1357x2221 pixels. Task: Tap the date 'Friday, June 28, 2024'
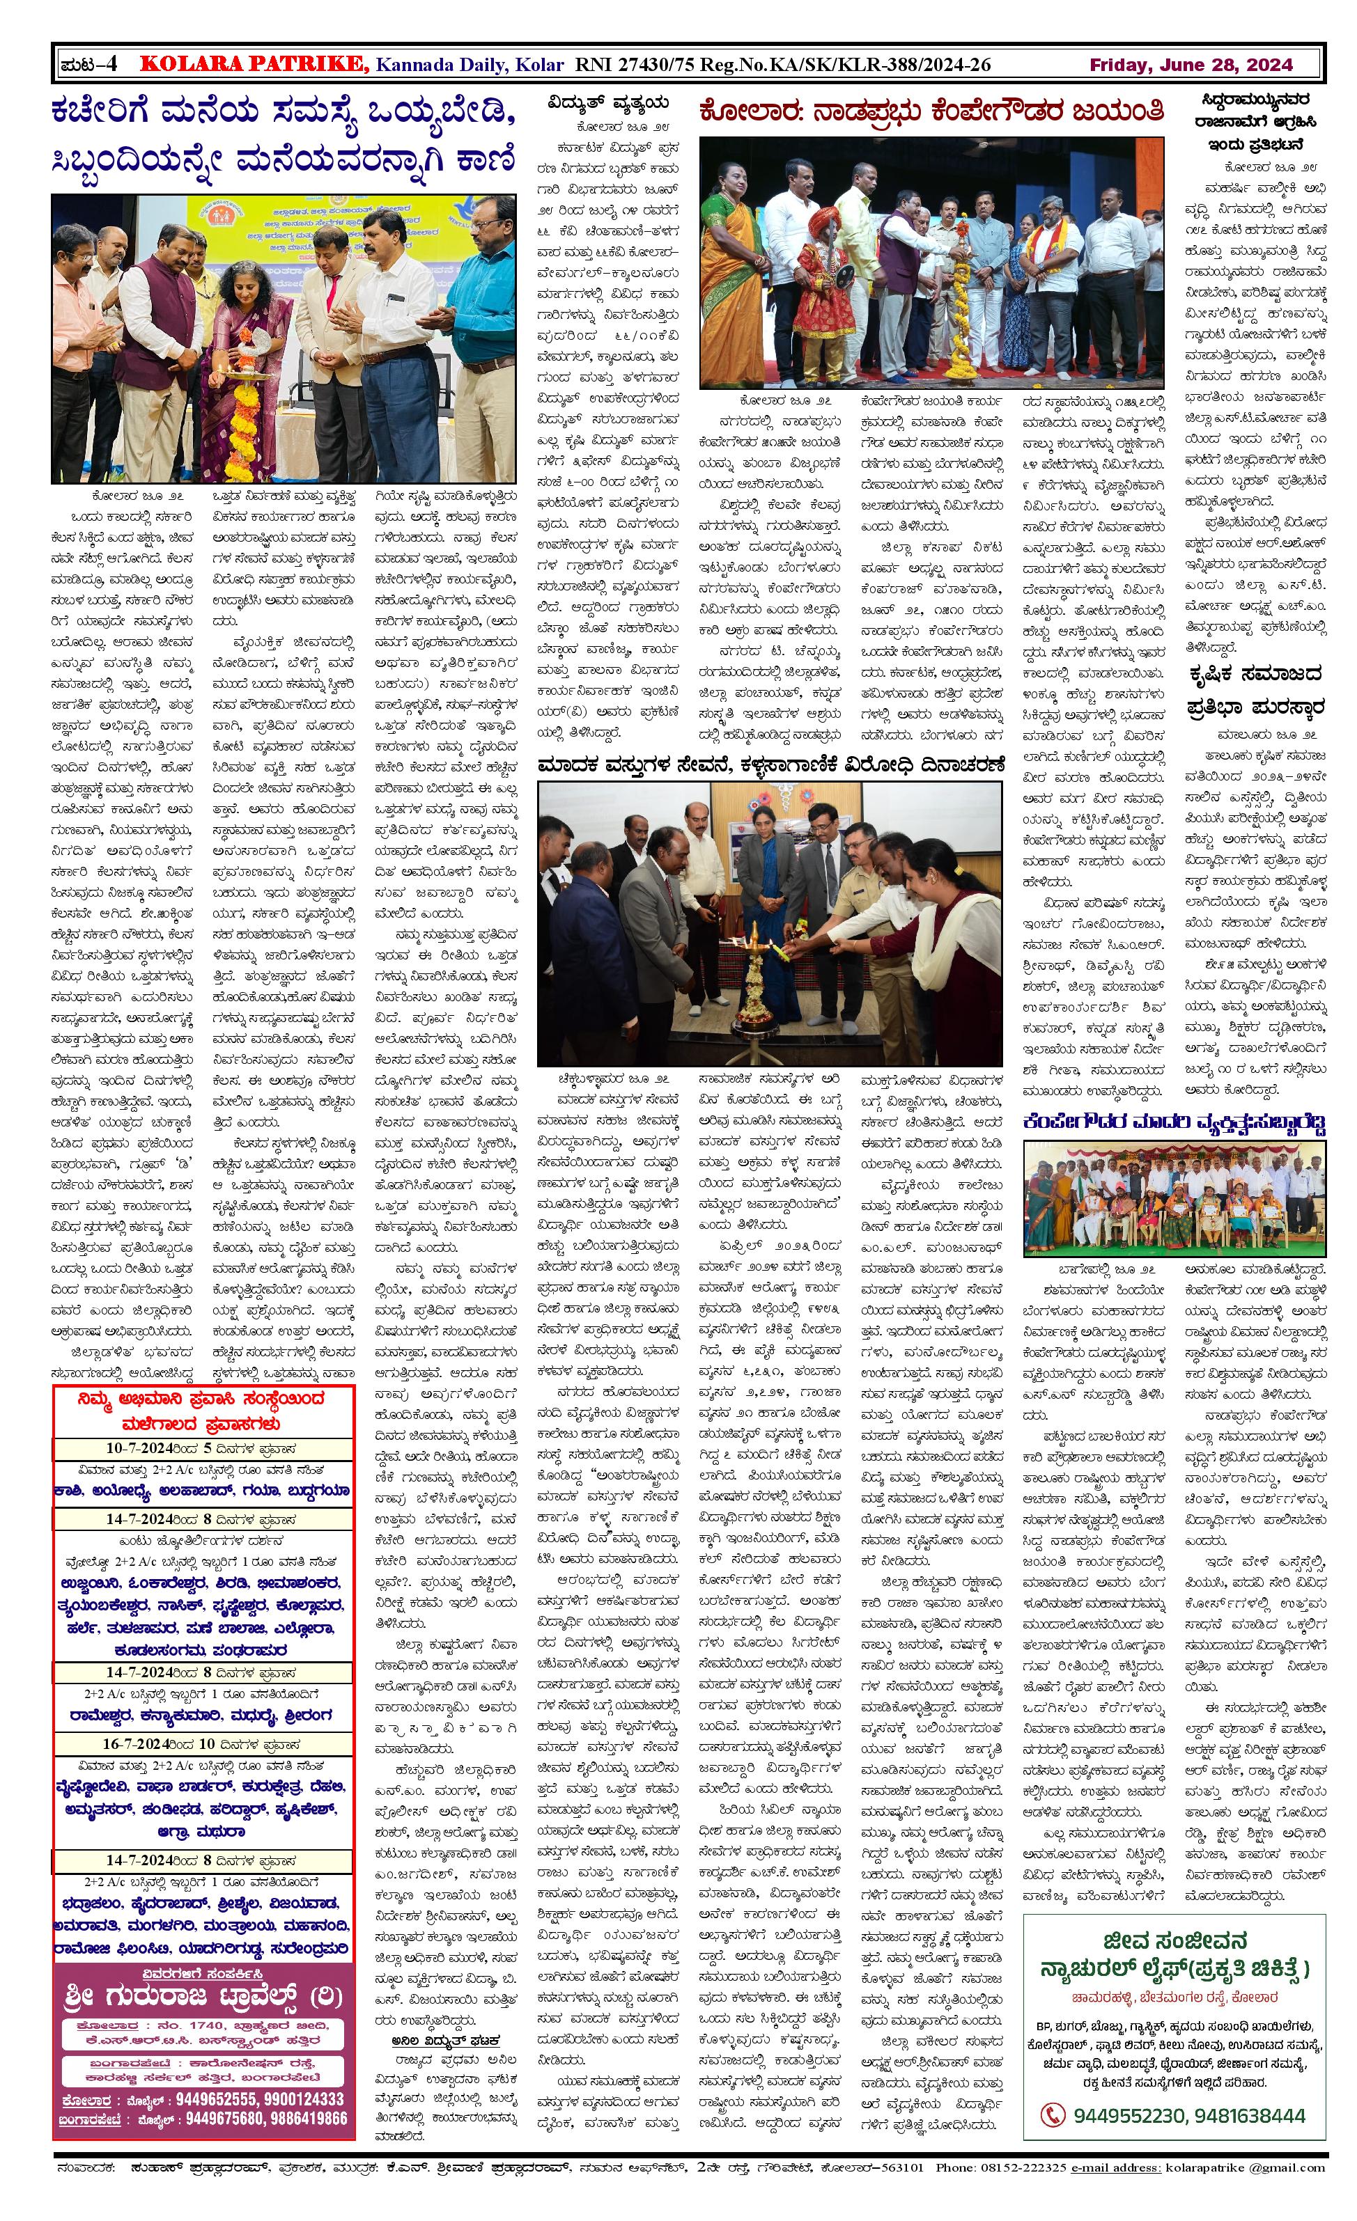click(1191, 65)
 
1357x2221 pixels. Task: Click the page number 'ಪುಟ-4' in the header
click(88, 64)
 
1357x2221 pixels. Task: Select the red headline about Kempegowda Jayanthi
click(932, 113)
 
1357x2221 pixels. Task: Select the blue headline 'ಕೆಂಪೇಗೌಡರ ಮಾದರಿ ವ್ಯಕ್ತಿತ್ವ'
click(1175, 1122)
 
